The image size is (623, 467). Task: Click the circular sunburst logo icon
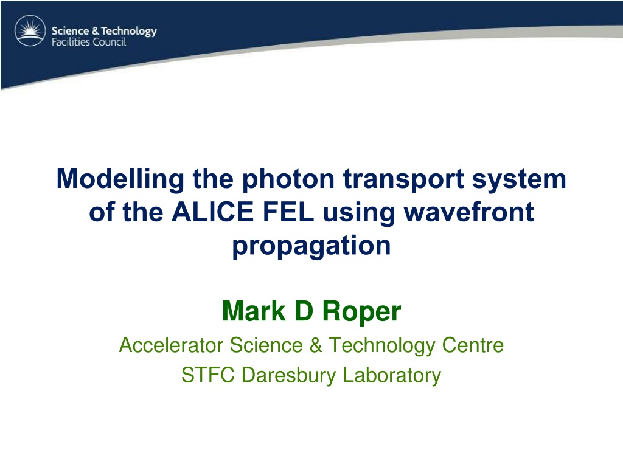[x=30, y=30]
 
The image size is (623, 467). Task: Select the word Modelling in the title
[x=120, y=179]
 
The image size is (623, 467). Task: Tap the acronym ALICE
[x=212, y=212]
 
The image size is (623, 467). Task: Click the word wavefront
[x=469, y=212]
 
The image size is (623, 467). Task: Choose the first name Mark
[x=254, y=311]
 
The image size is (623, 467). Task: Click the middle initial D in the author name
[x=304, y=311]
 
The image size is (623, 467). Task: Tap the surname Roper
[x=361, y=313]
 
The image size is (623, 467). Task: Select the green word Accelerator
[x=171, y=345]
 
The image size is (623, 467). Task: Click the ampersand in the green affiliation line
[x=316, y=345]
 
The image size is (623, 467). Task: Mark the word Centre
[x=473, y=345]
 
